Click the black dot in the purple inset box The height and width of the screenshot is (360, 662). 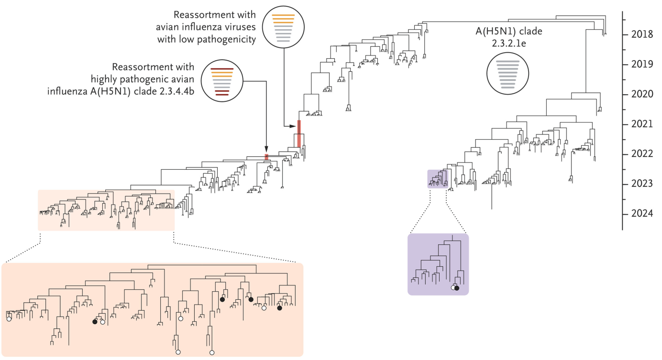point(457,288)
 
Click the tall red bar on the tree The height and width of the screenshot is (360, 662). point(299,133)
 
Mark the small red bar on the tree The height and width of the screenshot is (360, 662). point(266,156)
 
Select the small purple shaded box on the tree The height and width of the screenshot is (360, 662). point(436,179)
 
